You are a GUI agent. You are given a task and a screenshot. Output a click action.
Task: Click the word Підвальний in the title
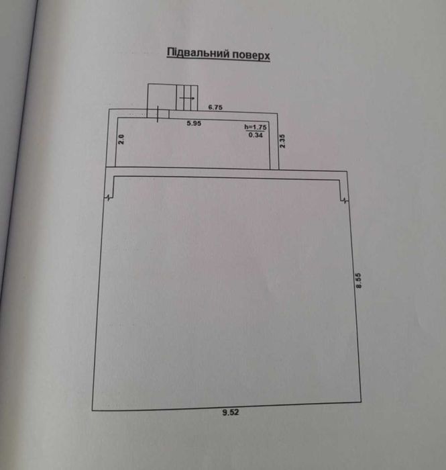coord(198,53)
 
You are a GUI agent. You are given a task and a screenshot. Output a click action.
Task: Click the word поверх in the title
coord(251,55)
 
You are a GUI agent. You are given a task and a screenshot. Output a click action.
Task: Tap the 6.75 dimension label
coord(215,107)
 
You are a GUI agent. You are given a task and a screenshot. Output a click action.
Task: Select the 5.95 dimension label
coord(194,123)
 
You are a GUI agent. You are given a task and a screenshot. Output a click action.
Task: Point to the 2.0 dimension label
coord(121,140)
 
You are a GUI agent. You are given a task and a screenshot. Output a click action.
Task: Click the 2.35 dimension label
coord(282,141)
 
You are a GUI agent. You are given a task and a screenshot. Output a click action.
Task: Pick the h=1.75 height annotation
coord(256,127)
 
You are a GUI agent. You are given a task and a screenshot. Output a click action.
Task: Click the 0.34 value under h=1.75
coord(256,135)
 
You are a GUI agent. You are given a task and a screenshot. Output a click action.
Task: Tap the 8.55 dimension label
coord(359,280)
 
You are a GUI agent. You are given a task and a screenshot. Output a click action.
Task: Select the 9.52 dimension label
coord(231,412)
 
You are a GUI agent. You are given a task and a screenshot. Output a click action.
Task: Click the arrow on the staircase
coord(187,98)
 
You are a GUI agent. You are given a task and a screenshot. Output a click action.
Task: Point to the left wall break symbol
coord(109,197)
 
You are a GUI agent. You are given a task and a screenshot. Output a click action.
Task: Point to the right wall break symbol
coord(345,200)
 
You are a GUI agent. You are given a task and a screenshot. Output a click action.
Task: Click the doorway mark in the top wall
coord(158,113)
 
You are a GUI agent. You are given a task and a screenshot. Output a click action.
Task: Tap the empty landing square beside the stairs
coord(162,97)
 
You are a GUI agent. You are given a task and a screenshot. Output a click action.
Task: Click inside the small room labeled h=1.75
coord(192,143)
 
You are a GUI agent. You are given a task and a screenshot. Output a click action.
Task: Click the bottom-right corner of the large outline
coord(361,402)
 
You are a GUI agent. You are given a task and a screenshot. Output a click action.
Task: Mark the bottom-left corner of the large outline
coord(92,410)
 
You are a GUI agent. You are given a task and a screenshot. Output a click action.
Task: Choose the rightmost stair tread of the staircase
coord(194,98)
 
